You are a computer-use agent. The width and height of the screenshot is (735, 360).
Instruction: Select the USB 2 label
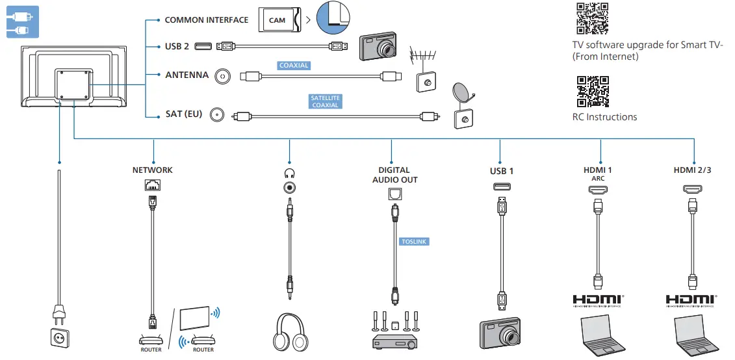click(177, 46)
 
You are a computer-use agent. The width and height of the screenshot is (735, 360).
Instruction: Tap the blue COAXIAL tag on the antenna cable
click(294, 66)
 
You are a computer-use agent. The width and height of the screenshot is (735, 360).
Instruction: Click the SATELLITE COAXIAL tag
click(325, 101)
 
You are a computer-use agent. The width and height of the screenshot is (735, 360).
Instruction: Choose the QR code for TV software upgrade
click(592, 18)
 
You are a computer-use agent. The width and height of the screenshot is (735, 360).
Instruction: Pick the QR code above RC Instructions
click(592, 92)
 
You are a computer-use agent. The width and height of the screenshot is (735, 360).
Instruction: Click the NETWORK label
click(153, 170)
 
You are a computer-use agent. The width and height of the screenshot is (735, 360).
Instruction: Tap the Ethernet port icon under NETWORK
click(153, 185)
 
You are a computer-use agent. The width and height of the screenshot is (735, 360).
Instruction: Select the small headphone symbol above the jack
click(289, 173)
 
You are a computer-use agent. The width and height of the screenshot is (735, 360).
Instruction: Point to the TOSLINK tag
click(415, 241)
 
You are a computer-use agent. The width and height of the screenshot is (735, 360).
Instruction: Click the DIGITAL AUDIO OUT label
click(394, 175)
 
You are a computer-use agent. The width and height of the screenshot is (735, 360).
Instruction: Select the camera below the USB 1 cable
click(500, 334)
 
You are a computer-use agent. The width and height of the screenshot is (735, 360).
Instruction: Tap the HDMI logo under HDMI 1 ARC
click(598, 300)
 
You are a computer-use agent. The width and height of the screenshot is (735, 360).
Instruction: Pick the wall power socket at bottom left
click(59, 337)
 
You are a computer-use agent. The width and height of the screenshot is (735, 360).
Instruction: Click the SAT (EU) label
click(184, 114)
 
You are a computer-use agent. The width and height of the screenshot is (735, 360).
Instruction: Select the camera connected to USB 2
click(379, 47)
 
